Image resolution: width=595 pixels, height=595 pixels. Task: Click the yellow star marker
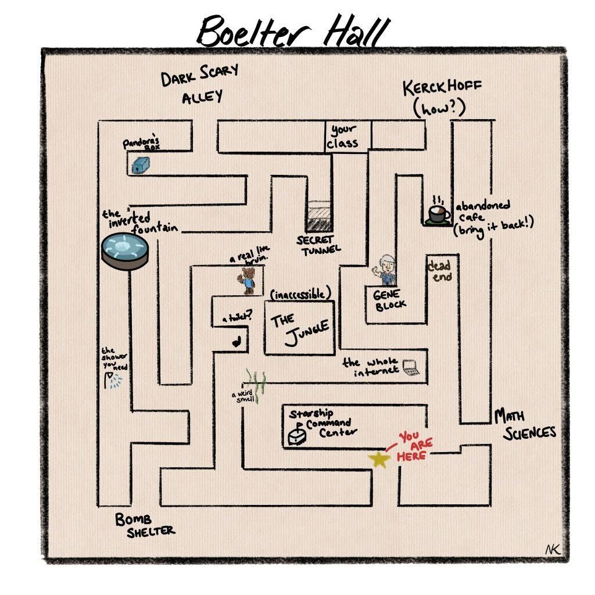[x=379, y=460]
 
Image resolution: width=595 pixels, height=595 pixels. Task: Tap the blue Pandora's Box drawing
[x=137, y=166]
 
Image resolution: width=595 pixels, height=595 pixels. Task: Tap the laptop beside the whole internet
[x=411, y=368]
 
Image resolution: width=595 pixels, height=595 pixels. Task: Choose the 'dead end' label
[x=440, y=271]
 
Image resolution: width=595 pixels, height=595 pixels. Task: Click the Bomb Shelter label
[x=144, y=525]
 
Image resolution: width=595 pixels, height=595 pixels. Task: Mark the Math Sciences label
[x=524, y=424]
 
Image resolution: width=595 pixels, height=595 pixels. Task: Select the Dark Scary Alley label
[x=199, y=84]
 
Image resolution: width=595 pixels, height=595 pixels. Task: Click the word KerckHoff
[x=442, y=89]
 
